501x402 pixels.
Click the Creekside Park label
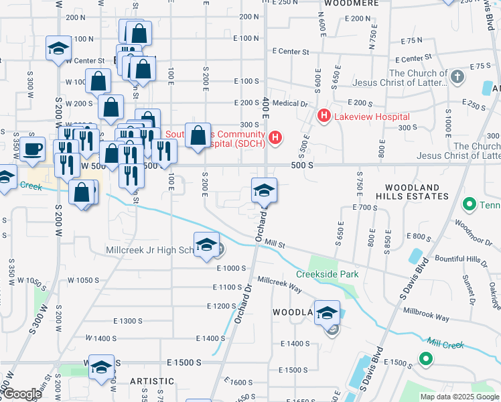328,274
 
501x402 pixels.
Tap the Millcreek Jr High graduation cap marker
206,244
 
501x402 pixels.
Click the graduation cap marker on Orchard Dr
264,190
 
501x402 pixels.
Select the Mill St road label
275,246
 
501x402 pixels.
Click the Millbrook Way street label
426,314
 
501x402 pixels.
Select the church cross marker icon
458,76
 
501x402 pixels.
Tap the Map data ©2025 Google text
459,397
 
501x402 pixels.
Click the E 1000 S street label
232,268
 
